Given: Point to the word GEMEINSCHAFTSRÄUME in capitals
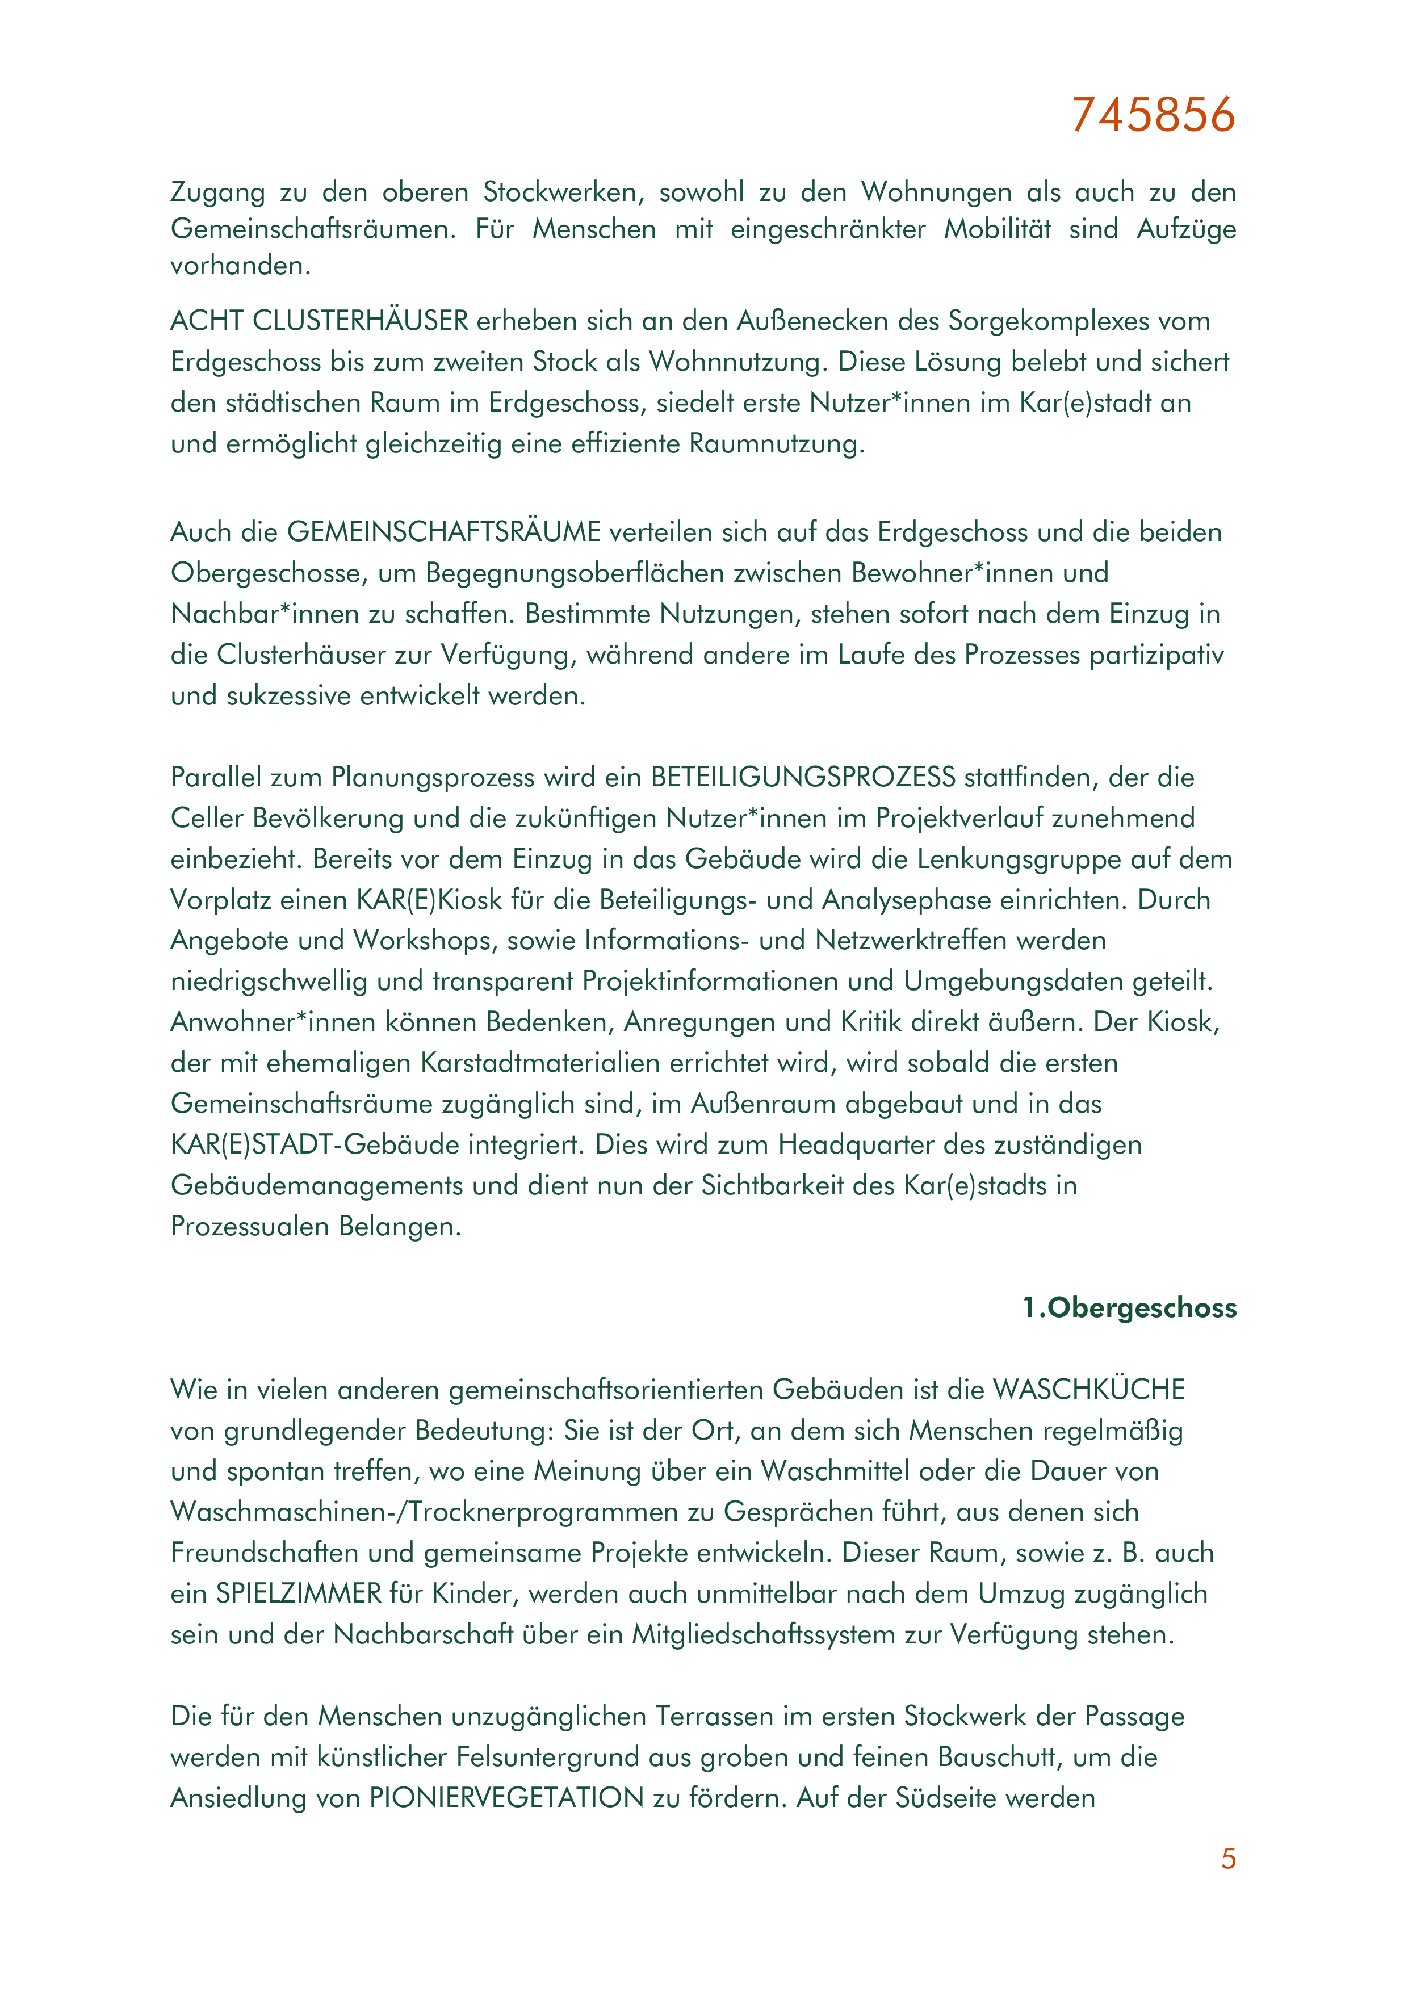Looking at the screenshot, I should click(x=443, y=532).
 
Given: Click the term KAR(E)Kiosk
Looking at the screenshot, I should click(x=429, y=900).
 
